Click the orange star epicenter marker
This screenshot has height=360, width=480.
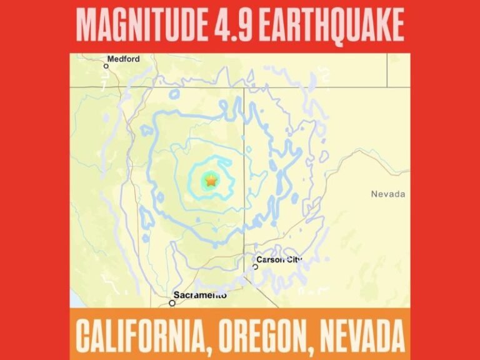(211, 181)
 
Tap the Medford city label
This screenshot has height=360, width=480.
(123, 59)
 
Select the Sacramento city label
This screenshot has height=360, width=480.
(201, 295)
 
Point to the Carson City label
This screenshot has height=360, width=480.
(279, 259)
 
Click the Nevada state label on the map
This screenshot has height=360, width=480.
(387, 194)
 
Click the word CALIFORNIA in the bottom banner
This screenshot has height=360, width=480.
(142, 335)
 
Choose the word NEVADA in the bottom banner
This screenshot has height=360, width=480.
(362, 335)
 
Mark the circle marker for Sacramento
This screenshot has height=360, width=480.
(172, 303)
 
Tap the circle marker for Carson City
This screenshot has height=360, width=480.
(255, 266)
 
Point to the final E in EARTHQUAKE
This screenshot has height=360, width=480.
(397, 26)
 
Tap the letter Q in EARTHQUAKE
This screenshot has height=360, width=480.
(337, 26)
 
